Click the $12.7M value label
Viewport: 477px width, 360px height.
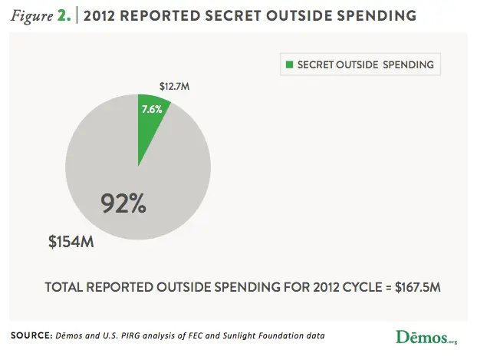[174, 86]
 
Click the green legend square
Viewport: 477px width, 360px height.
[290, 64]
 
